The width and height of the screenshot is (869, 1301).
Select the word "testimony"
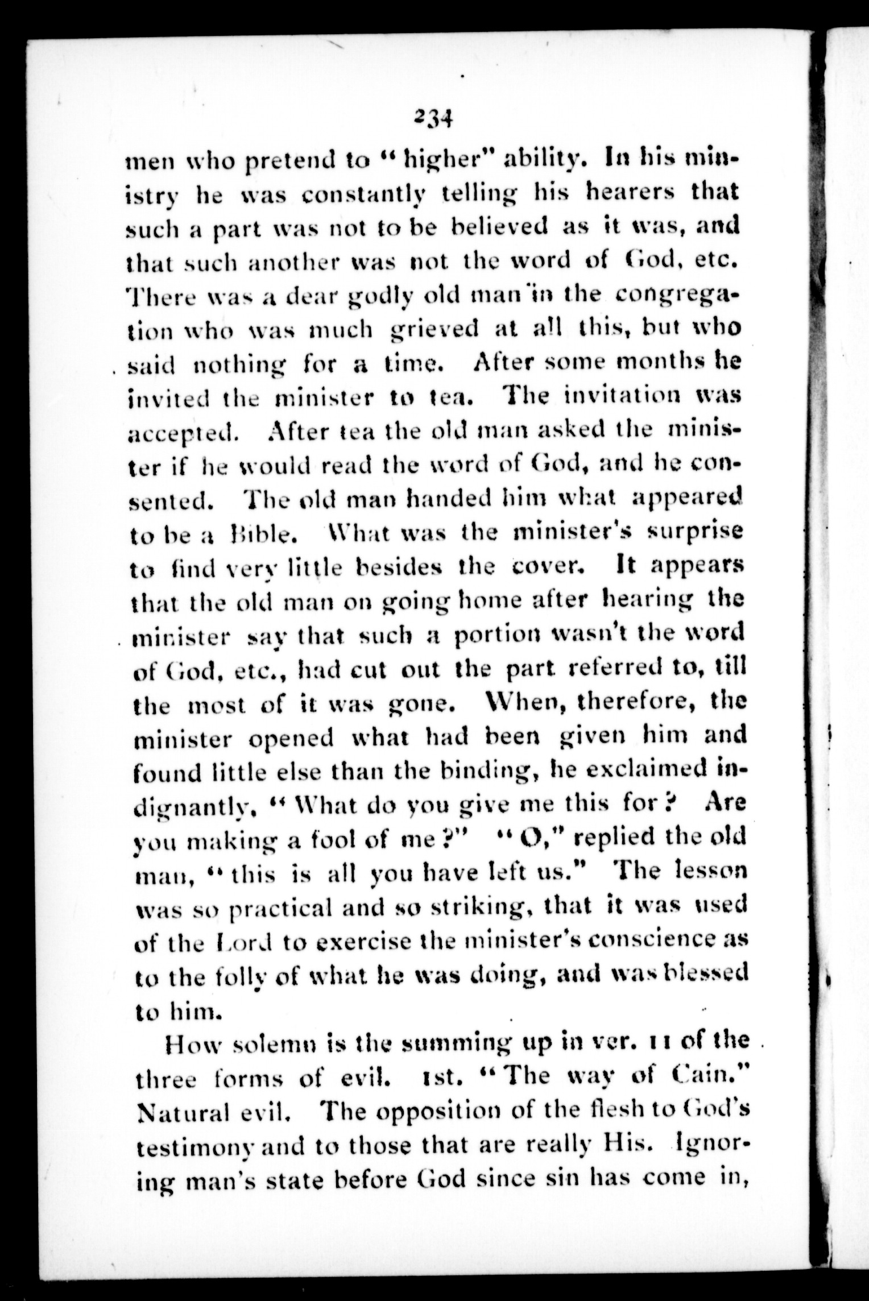coord(189,1147)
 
